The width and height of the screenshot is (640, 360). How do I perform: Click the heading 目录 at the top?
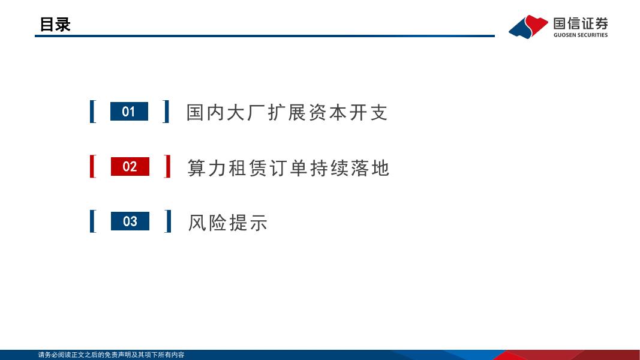pos(55,24)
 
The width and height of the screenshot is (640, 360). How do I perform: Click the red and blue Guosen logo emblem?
pos(528,26)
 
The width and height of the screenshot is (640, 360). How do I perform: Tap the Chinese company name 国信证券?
pos(580,23)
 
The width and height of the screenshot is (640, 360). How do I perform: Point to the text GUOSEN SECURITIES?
pos(580,35)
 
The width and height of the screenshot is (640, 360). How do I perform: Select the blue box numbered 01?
pos(129,112)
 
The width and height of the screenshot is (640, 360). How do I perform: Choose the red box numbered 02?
pos(130,166)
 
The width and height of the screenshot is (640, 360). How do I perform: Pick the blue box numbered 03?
pos(130,221)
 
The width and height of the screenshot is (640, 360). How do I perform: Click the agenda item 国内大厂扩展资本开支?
pos(287,112)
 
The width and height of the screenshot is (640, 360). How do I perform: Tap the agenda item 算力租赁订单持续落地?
pos(289,167)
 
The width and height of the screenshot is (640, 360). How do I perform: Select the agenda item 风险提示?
pos(227,223)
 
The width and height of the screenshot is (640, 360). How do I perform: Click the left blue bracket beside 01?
pos(92,112)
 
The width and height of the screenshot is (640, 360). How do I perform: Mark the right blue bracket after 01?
pos(166,112)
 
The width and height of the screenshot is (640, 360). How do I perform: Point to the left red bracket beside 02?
pos(92,166)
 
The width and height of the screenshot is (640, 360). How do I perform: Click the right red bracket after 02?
pos(167,166)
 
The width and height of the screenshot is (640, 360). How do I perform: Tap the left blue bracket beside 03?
pos(92,221)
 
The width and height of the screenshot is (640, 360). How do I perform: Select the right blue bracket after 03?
pos(168,221)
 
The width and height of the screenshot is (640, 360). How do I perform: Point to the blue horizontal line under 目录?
pos(264,36)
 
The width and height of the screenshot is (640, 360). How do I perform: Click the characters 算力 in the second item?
pos(207,167)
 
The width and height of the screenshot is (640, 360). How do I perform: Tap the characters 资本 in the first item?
pos(328,112)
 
